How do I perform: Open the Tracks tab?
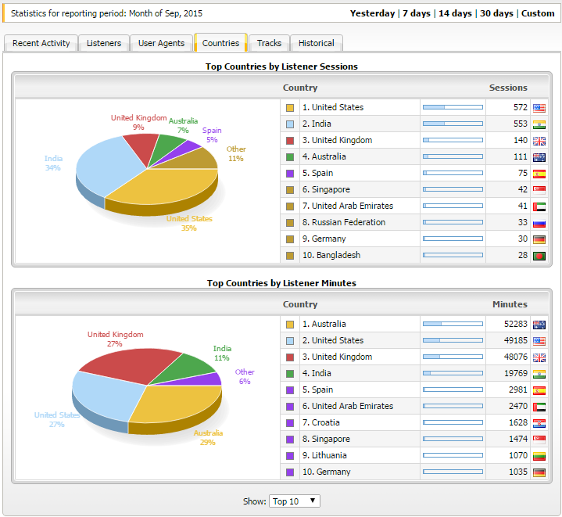tap(269, 43)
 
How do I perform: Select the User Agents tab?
tap(161, 43)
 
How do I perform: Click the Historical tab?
tap(316, 43)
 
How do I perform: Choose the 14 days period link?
tap(455, 13)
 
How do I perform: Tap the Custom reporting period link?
tap(538, 13)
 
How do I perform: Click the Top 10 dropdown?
tap(294, 501)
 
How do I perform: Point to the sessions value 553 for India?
tap(521, 124)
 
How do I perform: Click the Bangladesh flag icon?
tap(539, 256)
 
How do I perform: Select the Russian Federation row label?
tap(344, 222)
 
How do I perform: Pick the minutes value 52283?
tap(516, 324)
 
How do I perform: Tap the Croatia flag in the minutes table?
tap(539, 423)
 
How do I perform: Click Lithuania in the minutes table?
tap(324, 455)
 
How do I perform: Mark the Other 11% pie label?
tap(236, 153)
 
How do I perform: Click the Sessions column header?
tap(508, 88)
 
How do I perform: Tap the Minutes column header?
tap(510, 304)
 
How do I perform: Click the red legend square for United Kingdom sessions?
tap(290, 141)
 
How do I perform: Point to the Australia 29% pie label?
tap(208, 437)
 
